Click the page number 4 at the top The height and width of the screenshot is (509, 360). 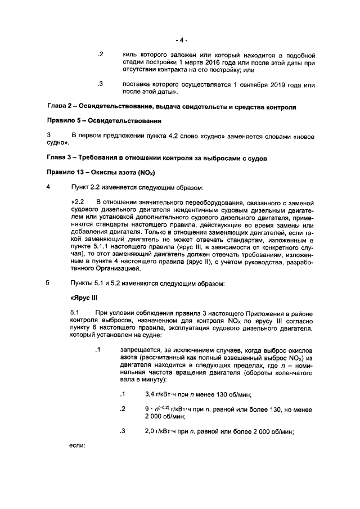coord(181,40)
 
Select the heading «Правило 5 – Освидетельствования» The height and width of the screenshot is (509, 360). coord(104,121)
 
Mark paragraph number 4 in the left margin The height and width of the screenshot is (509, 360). coord(49,187)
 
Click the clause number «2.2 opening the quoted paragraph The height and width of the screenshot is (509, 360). coord(77,201)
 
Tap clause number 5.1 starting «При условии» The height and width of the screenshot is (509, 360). coord(76,312)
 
